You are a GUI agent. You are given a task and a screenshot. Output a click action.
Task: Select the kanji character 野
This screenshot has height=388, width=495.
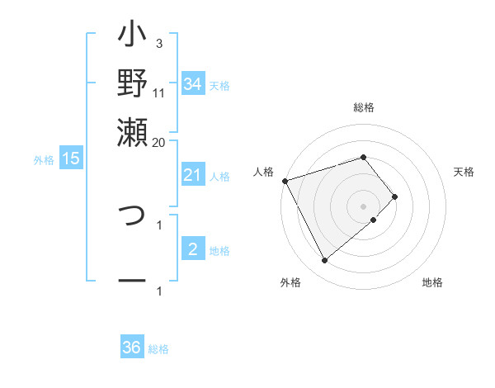[x=133, y=83]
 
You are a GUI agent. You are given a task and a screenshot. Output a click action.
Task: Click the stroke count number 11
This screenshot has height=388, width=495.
[x=159, y=92]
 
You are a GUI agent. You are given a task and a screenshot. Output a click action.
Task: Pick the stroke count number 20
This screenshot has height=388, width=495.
[x=159, y=142]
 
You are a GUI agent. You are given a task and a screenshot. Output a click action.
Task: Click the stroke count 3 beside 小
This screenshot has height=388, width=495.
[x=159, y=43]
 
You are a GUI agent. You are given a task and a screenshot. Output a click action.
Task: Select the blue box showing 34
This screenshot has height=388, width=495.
[x=192, y=84]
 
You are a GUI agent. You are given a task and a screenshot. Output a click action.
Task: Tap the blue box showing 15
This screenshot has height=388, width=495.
[x=70, y=159]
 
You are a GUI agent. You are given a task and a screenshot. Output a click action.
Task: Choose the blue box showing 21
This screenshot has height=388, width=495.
[x=192, y=175]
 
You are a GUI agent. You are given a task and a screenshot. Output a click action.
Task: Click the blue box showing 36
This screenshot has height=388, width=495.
[x=131, y=348]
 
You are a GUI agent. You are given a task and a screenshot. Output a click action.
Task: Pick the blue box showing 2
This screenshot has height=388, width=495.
[x=192, y=249]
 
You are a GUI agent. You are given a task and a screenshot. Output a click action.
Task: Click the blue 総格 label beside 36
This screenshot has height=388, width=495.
[x=158, y=349]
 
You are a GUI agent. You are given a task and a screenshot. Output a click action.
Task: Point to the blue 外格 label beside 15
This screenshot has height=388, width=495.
[x=44, y=160]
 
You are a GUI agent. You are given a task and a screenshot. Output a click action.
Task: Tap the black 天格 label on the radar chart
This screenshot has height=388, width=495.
[x=464, y=172]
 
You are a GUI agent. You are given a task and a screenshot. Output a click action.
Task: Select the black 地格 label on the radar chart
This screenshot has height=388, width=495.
[x=432, y=282]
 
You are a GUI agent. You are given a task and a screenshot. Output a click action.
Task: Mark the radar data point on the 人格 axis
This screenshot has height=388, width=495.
[x=285, y=180]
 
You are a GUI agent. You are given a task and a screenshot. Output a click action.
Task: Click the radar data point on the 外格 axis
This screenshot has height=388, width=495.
[x=324, y=261]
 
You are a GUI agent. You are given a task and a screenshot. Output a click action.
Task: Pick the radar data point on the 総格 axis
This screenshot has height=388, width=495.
[x=364, y=157]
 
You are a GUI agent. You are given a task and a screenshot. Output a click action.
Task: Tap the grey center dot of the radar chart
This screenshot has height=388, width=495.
[x=364, y=206]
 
